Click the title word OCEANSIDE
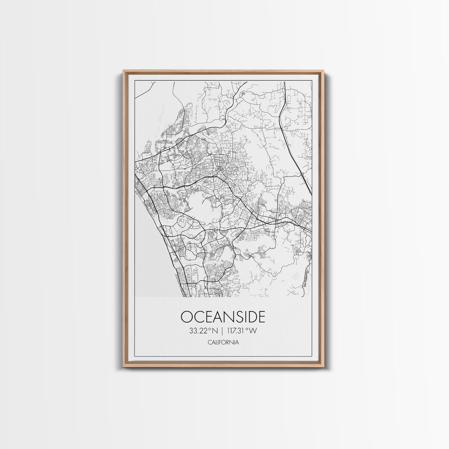[223, 317]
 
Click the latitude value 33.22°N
[203, 331]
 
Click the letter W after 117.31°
[253, 331]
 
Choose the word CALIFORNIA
[223, 342]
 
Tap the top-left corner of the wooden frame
[124, 70]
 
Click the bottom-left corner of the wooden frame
[123, 368]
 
